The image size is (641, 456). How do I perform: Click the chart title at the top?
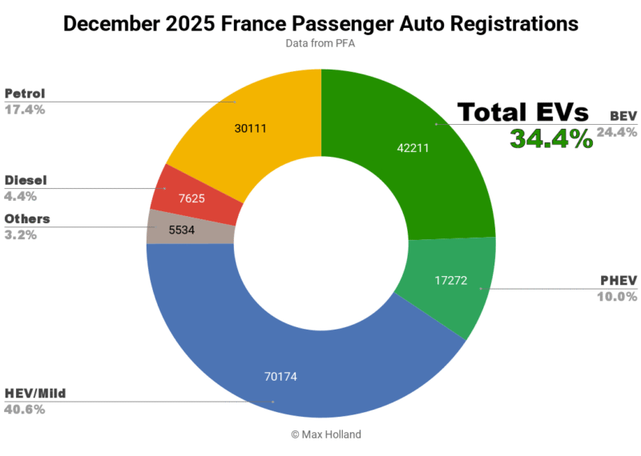point(320,24)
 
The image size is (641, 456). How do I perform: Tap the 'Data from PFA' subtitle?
point(320,44)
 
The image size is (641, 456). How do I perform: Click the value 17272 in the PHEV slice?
point(450,282)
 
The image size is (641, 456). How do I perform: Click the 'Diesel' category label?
point(25,181)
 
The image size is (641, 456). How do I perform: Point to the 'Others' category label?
point(27,219)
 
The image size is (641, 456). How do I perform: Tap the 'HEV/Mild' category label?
point(36,394)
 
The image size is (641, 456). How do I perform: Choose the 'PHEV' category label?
point(618,281)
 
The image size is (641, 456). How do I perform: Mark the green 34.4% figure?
point(551,139)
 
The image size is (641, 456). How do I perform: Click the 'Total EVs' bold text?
point(522,113)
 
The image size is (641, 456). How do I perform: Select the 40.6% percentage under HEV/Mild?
point(24,410)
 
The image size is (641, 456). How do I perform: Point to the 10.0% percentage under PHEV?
point(618,296)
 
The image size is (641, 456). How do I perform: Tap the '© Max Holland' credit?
point(320,434)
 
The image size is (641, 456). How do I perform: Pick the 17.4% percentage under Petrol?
point(24,110)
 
